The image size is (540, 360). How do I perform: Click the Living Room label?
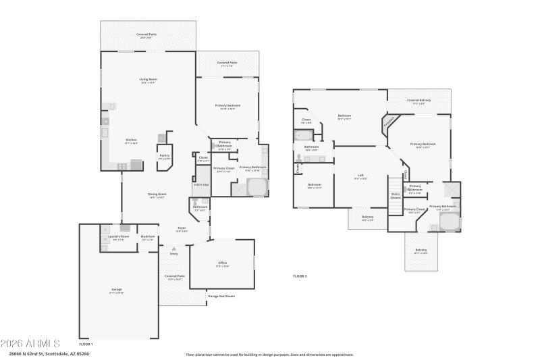pos(148,80)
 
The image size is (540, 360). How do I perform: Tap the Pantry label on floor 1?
pos(164,156)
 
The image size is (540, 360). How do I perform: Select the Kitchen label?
pos(131,141)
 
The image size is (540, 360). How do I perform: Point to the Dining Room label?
pos(157,195)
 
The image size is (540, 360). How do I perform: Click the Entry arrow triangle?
pos(174,249)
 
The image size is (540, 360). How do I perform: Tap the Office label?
pos(222,263)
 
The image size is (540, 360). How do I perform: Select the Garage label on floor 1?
pos(117,290)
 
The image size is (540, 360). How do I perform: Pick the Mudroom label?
pos(148,237)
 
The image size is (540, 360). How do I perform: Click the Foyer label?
pos(182,229)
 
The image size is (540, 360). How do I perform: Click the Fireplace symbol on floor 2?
pos(389,122)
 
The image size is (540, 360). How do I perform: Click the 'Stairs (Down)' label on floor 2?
pos(396,196)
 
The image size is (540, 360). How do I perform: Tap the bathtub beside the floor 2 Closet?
pos(303,135)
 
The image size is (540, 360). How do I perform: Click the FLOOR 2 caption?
pos(300,276)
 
